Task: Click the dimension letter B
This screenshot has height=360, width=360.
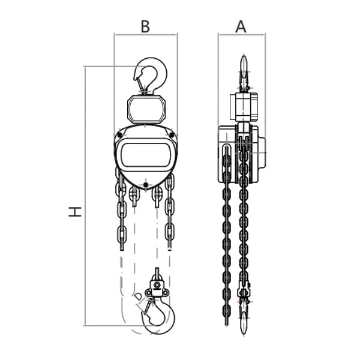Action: click(x=145, y=26)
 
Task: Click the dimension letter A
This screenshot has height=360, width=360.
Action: click(x=241, y=26)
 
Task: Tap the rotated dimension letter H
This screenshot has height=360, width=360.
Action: click(x=75, y=212)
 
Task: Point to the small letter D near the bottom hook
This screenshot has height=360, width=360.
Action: click(x=138, y=296)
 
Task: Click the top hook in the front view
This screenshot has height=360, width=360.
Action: click(x=151, y=76)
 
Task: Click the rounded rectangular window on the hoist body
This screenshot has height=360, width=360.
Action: click(x=146, y=155)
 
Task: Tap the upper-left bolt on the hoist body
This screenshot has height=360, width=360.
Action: click(x=119, y=135)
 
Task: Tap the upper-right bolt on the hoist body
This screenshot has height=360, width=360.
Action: click(x=172, y=135)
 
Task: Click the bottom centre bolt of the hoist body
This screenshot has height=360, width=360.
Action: click(x=145, y=185)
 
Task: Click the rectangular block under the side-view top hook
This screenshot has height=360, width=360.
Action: click(x=244, y=107)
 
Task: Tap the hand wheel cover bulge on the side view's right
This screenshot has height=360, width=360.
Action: click(x=262, y=152)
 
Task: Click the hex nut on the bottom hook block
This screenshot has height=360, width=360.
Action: click(x=157, y=285)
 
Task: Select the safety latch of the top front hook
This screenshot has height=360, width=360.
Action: click(x=140, y=84)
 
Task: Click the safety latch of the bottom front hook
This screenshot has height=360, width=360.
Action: click(x=147, y=307)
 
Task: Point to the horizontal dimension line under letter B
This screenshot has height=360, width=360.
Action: click(x=146, y=35)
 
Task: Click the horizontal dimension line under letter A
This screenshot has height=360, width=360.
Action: click(x=242, y=35)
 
